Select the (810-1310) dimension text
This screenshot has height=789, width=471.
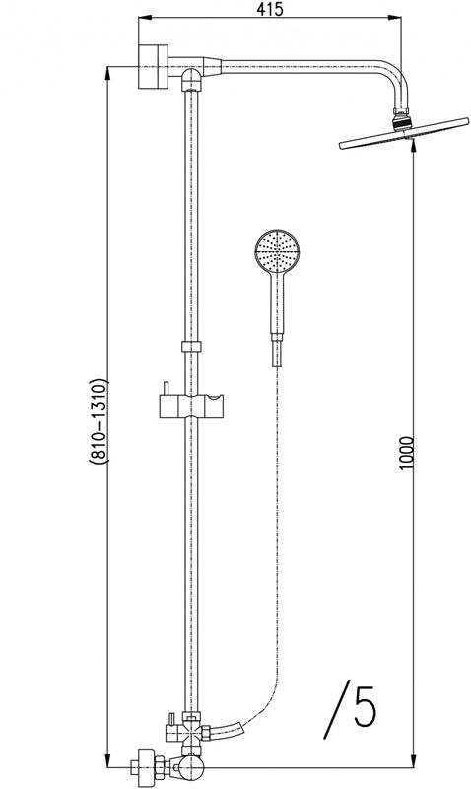[99, 418]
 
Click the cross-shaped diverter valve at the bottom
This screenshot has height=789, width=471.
[190, 731]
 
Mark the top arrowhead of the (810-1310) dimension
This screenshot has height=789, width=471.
[105, 69]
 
